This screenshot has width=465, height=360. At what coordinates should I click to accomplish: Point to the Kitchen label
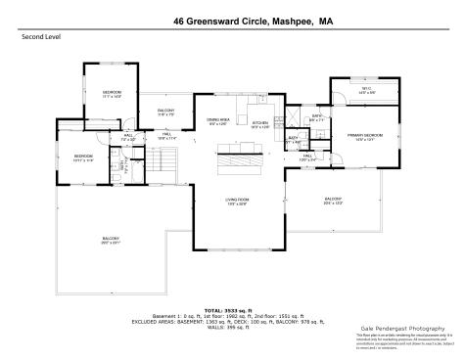259,124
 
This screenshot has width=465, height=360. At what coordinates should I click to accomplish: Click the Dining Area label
217,121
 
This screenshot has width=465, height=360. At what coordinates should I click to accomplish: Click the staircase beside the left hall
169,157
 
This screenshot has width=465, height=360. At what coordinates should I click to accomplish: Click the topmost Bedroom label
112,94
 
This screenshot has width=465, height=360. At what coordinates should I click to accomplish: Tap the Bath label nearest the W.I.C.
318,117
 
